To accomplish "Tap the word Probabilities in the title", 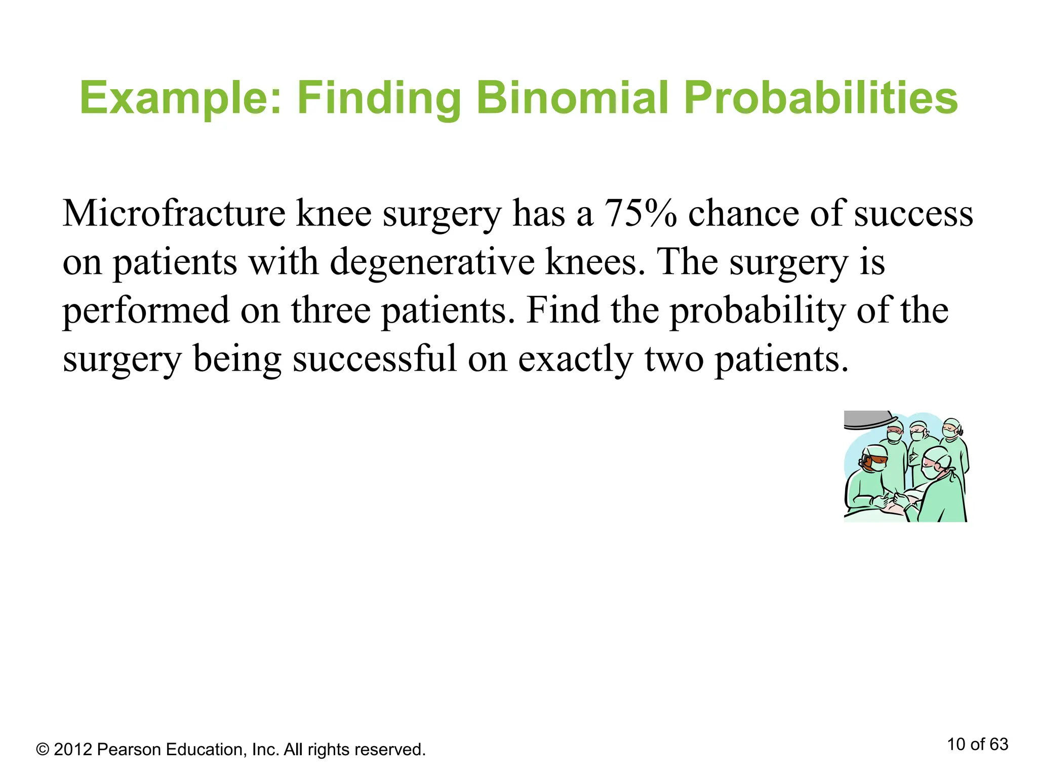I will click(820, 99).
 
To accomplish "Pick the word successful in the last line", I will click(374, 359).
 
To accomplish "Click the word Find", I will click(563, 310).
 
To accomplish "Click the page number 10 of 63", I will click(977, 744).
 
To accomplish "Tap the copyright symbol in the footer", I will click(43, 750).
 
